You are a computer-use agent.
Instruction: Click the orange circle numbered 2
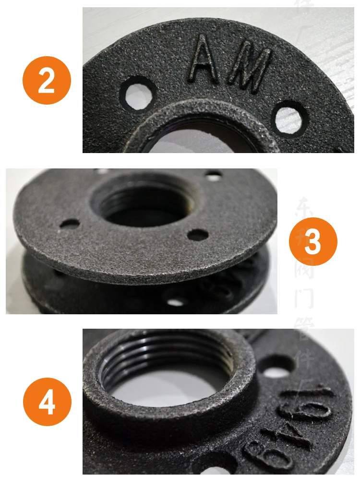47,80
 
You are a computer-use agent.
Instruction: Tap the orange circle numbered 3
312,241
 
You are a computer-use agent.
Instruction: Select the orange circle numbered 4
47,402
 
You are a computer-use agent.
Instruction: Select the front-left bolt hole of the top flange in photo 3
71,223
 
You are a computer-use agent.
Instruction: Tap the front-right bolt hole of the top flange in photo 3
197,235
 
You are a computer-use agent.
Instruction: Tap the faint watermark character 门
304,299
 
